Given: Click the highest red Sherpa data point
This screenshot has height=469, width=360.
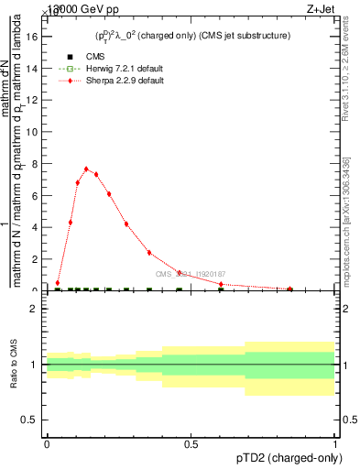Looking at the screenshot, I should [x=86, y=169].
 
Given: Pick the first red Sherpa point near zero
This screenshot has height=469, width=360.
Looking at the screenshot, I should [x=58, y=283].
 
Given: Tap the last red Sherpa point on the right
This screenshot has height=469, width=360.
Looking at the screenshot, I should [x=290, y=289].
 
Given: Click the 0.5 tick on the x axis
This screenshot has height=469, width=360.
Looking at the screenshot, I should [x=191, y=444].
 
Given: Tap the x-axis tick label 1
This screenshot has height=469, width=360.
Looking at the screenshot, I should [x=335, y=444].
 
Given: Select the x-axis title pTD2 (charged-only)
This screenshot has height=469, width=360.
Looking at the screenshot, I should [x=291, y=459].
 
